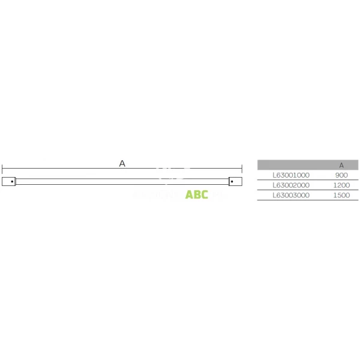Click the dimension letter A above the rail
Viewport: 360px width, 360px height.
(122, 163)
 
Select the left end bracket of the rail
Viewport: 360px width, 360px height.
(9, 181)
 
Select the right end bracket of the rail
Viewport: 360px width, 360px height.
(235, 181)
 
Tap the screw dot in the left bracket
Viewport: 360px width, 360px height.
(12, 181)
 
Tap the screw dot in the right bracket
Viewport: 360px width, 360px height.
(232, 181)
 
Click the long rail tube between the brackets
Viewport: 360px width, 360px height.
(122, 181)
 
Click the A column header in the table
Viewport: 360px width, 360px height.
(341, 165)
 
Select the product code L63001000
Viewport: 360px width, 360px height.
(291, 175)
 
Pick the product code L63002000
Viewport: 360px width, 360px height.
(291, 185)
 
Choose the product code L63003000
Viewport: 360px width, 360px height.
(291, 195)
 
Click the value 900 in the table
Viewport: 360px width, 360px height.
(341, 175)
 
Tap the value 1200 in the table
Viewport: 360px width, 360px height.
(341, 185)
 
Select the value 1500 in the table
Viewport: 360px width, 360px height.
(341, 195)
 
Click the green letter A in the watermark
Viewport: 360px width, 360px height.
(190, 194)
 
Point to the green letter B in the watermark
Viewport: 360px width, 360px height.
(197, 194)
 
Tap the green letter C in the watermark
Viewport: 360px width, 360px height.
(205, 194)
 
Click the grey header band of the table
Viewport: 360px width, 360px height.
(294, 165)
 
